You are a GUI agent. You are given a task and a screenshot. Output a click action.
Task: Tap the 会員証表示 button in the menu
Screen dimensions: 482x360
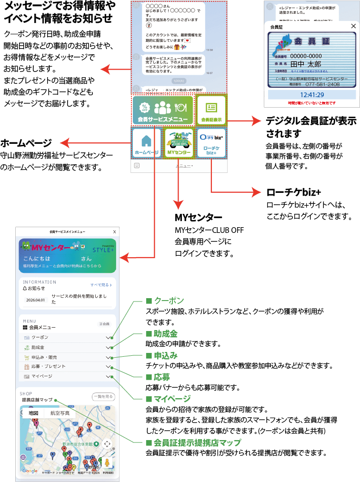coord(211,110)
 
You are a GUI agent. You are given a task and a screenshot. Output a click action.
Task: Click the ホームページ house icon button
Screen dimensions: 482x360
coord(146,142)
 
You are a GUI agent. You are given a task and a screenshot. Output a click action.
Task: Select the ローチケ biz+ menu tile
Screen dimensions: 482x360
coord(211,142)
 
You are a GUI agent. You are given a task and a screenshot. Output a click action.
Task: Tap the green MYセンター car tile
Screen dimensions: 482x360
coord(179,142)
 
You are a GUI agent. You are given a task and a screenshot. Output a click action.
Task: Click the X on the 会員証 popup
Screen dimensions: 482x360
coord(352,27)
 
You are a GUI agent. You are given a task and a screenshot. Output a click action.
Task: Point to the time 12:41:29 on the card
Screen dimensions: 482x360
coord(312,95)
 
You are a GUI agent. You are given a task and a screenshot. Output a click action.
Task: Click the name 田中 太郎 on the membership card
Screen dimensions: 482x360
coord(306,63)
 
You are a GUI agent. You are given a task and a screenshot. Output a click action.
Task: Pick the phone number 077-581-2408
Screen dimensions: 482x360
coord(323,84)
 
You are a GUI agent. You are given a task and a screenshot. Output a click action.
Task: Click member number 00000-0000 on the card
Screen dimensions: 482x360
coord(309,56)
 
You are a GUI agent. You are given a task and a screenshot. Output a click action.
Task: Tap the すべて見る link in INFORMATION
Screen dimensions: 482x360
coord(101,285)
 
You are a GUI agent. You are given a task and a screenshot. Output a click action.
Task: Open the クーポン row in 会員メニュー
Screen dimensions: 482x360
coord(67,337)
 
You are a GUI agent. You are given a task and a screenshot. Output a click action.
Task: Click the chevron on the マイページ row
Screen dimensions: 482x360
coord(108,376)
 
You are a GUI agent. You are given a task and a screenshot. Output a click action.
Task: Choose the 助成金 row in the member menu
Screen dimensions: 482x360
coord(67,347)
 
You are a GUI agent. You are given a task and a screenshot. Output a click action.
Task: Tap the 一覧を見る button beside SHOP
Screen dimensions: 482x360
coord(103,396)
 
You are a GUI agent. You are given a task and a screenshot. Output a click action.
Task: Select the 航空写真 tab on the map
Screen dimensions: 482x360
coord(59,413)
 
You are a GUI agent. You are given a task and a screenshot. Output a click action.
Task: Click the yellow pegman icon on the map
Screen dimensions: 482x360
coord(107,462)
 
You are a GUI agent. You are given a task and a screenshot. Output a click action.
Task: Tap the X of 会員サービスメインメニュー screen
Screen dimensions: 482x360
coord(114,231)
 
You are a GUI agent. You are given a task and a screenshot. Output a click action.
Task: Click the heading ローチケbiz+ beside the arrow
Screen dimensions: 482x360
coord(293,191)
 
